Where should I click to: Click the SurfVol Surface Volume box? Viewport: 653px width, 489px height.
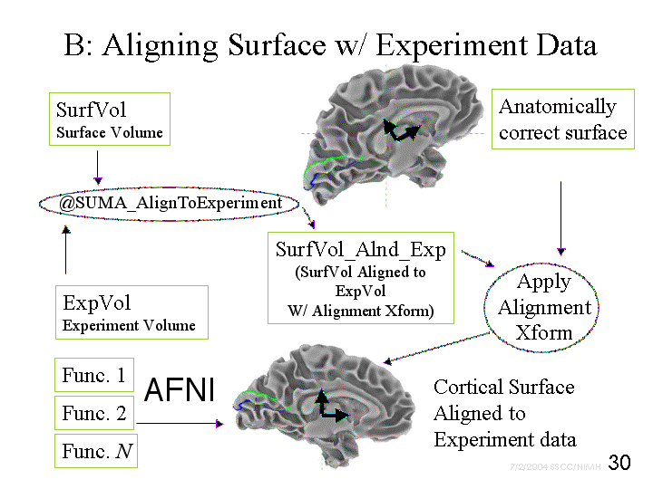point(110,120)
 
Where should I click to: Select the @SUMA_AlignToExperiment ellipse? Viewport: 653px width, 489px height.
point(171,203)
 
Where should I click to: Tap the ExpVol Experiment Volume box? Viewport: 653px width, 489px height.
point(130,312)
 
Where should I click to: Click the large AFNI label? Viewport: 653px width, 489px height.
point(180,389)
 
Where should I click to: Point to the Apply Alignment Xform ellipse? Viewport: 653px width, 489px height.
point(544,307)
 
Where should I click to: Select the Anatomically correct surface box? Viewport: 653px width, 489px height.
point(562,120)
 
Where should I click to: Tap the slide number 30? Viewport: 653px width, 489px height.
point(619,463)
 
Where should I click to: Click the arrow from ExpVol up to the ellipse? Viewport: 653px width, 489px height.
point(65,249)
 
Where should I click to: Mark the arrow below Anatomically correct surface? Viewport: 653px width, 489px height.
point(561,217)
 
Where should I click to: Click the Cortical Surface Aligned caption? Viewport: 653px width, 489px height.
point(504,413)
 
